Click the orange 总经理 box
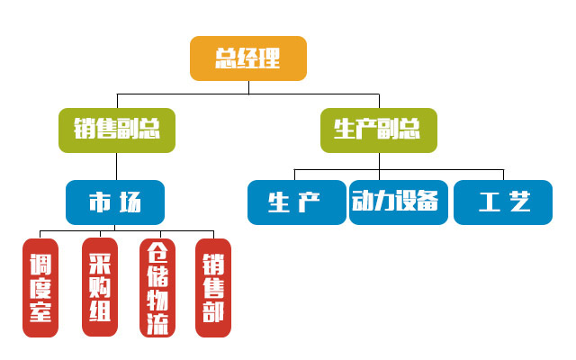click(x=248, y=58)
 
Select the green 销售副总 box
click(x=117, y=130)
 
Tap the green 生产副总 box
click(x=378, y=130)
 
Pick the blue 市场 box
click(x=115, y=202)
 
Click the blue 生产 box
click(x=296, y=202)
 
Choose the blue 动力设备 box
click(x=397, y=202)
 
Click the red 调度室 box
click(x=40, y=288)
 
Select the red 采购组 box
click(x=99, y=288)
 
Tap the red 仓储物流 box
click(x=157, y=288)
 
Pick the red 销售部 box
click(x=213, y=288)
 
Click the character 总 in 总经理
click(x=226, y=58)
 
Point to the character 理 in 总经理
click(x=270, y=58)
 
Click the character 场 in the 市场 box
click(x=130, y=202)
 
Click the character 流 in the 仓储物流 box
click(x=157, y=323)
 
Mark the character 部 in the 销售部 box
click(x=213, y=313)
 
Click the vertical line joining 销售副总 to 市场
click(x=116, y=166)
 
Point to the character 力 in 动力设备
click(x=382, y=201)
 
